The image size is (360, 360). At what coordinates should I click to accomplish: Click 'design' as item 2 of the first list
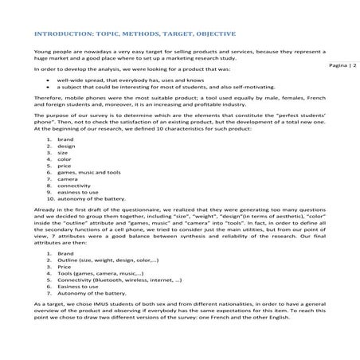(66, 146)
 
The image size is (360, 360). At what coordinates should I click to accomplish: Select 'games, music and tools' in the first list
(88, 172)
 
